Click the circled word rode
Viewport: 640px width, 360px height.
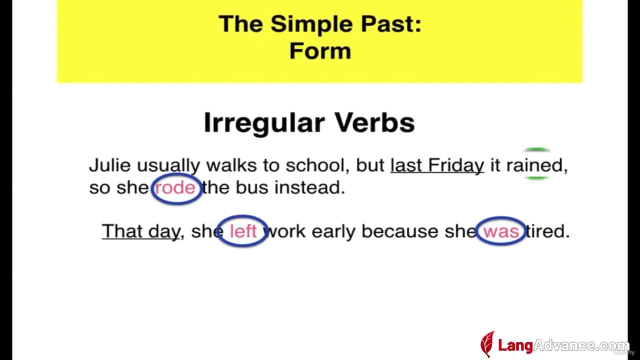tap(175, 188)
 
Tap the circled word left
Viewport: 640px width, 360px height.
tap(243, 231)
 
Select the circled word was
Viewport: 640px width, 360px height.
tap(501, 231)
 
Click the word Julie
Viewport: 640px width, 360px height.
tap(110, 165)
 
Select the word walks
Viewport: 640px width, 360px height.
tap(231, 165)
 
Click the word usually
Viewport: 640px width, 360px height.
tap(168, 165)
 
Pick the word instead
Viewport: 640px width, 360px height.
tap(309, 187)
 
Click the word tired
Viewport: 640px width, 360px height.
tap(547, 231)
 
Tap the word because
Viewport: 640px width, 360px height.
tap(400, 231)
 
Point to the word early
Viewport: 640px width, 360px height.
tap(333, 231)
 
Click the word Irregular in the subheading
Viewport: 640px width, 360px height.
tap(264, 123)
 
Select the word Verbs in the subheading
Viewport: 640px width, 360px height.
tap(374, 122)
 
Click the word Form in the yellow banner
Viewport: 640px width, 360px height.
tap(320, 51)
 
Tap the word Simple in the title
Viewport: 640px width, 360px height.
tap(312, 25)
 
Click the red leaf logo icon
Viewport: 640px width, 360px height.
tap(487, 344)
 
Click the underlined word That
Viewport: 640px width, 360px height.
tap(122, 231)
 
